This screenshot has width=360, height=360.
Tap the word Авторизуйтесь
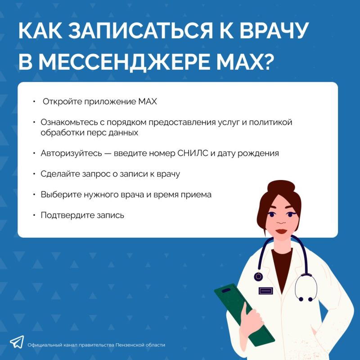tap(71, 153)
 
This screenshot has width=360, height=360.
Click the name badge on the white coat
tap(266, 291)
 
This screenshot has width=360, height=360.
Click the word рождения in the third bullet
tap(260, 153)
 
